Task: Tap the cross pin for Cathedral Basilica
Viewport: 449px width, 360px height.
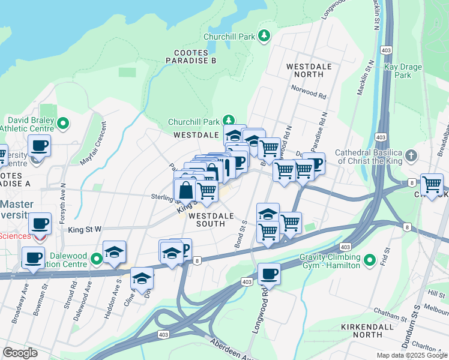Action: [411, 157]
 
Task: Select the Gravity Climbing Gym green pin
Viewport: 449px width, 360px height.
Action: [370, 260]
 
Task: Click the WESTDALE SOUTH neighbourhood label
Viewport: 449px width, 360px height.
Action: [208, 220]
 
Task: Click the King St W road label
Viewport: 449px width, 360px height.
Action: [85, 229]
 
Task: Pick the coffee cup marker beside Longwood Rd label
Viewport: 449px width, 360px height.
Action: [269, 274]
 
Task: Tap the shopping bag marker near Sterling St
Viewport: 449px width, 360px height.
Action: [185, 190]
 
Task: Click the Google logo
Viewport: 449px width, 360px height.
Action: [20, 353]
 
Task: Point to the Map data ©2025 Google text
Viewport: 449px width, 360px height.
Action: [411, 355]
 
